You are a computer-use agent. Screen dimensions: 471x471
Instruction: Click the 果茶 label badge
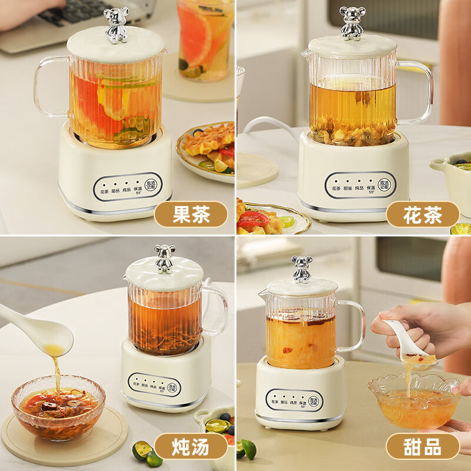pyautogui.click(x=191, y=214)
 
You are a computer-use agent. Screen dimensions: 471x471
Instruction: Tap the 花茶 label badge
pyautogui.click(x=423, y=214)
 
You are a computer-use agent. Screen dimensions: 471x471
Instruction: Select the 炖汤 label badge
pyautogui.click(x=191, y=446)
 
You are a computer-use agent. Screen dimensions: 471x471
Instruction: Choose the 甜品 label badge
pyautogui.click(x=423, y=446)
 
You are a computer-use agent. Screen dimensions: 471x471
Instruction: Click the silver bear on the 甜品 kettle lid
pyautogui.click(x=301, y=269)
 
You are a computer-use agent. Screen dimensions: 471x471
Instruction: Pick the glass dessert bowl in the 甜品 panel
pyautogui.click(x=414, y=400)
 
